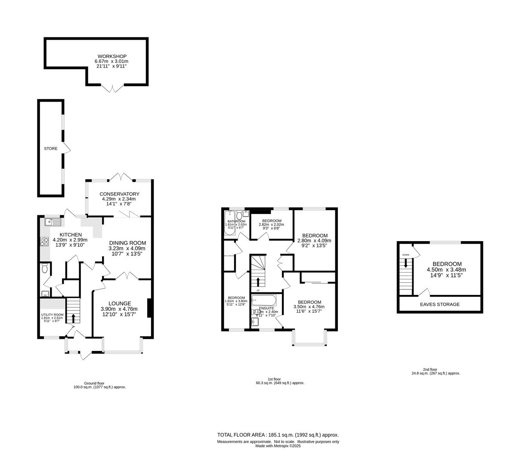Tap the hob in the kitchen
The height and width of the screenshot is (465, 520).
coord(45,242)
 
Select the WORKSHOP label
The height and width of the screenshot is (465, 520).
coord(111,56)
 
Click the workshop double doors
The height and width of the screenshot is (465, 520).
coord(111,88)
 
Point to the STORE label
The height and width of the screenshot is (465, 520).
coord(50,149)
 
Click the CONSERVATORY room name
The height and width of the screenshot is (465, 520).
coord(119,194)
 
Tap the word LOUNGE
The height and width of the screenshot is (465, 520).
coord(120,303)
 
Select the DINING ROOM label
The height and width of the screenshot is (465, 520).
coord(127,242)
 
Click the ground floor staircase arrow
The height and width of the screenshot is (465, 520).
coord(73,318)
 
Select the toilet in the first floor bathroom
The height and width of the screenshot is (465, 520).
coord(239,215)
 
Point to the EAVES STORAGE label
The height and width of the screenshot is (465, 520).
coord(440,304)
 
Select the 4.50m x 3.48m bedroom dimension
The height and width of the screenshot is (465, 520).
coord(446,270)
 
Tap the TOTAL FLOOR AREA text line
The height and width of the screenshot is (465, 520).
coord(278,435)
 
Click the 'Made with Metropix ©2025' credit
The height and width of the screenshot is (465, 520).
coord(278,446)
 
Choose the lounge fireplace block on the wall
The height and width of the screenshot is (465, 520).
coord(149,308)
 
